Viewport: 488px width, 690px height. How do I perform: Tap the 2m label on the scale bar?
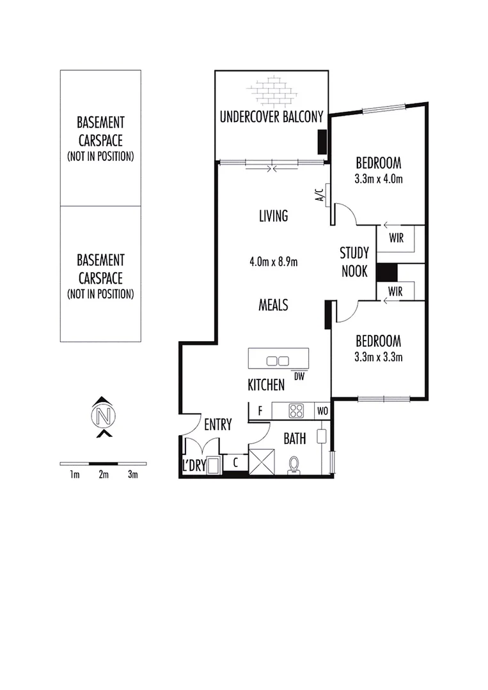[104, 474]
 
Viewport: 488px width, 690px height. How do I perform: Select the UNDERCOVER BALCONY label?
[272, 117]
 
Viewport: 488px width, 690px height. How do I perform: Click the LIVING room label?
[273, 216]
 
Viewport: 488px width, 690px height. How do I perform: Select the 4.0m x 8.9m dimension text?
[274, 261]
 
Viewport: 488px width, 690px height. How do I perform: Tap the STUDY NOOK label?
[354, 261]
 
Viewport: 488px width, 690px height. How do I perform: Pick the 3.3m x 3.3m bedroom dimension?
[379, 356]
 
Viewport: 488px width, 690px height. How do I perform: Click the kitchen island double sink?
[278, 361]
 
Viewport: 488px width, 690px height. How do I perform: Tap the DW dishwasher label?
[299, 376]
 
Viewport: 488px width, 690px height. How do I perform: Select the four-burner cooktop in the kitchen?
[296, 410]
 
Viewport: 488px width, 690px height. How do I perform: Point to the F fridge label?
[260, 411]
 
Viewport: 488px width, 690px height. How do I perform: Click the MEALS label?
[273, 305]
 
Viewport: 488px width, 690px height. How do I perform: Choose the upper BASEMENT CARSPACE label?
[100, 137]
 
